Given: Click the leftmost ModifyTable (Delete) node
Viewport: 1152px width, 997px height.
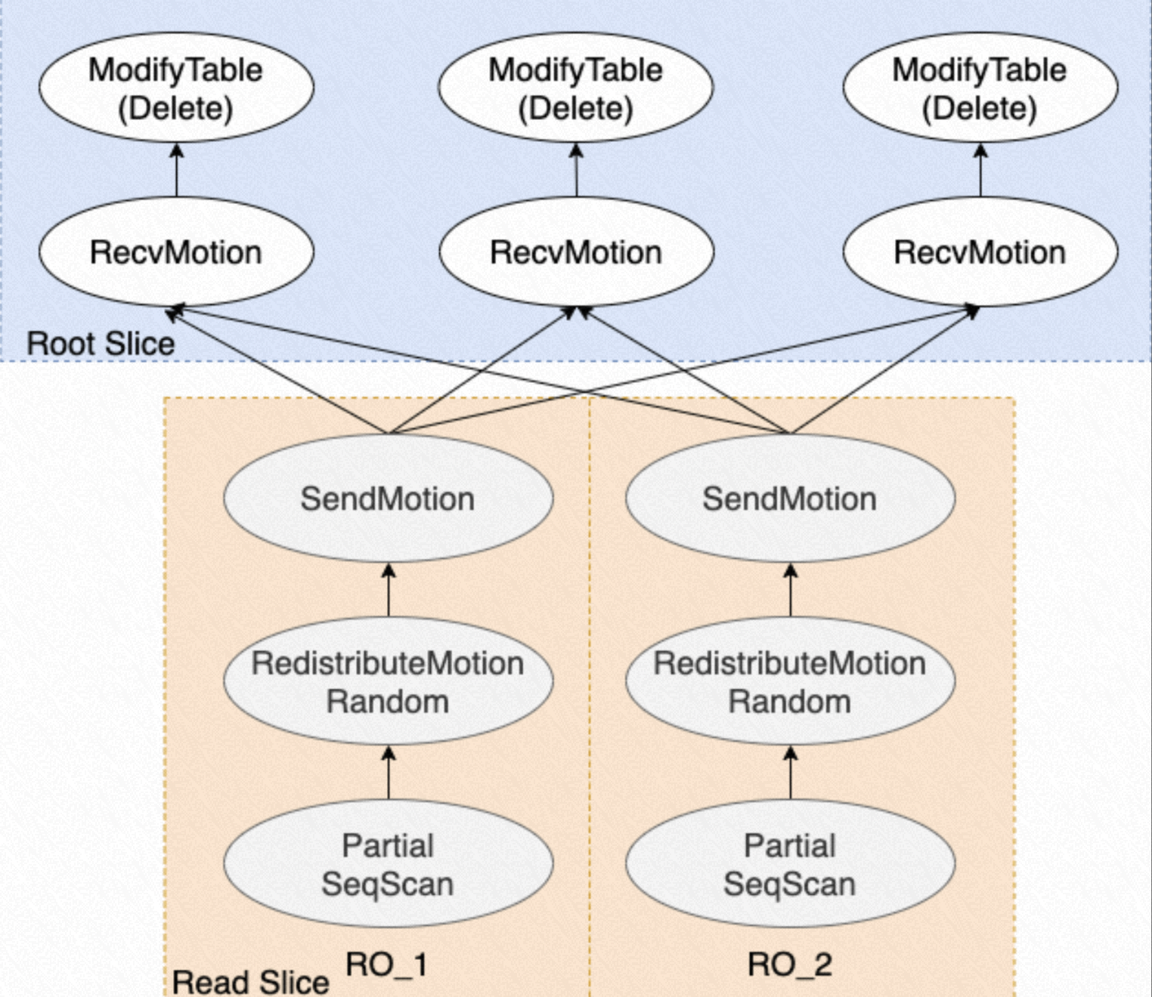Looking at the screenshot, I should [x=176, y=88].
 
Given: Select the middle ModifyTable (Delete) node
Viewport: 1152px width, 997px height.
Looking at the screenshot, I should [x=576, y=88].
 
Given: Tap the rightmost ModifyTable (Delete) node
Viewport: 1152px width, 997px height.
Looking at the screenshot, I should [x=980, y=88].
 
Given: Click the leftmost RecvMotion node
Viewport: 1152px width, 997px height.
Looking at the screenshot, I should [x=176, y=252].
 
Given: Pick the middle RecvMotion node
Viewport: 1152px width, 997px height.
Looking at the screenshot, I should [x=576, y=252].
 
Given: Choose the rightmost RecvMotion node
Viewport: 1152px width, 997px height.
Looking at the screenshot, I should [x=980, y=252].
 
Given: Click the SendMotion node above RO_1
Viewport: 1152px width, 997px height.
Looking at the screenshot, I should [x=388, y=498].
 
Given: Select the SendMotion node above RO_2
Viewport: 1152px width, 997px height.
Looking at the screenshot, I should [x=790, y=498].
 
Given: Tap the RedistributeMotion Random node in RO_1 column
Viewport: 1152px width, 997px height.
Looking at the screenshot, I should [x=388, y=682].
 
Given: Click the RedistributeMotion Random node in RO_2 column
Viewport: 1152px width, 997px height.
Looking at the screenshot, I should [x=790, y=682].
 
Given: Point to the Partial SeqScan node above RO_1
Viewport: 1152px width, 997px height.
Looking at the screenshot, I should [x=388, y=864].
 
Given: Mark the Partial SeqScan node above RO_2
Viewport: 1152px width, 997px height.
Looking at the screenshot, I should [x=790, y=864].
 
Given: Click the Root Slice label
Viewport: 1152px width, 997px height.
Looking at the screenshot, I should [x=101, y=344].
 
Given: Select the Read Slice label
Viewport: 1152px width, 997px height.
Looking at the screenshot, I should [x=250, y=982].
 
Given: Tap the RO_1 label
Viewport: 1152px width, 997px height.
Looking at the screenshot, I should [x=386, y=965].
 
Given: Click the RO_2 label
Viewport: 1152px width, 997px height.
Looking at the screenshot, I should [x=790, y=965].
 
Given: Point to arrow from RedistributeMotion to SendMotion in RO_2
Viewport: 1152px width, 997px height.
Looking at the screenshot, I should [x=791, y=590].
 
